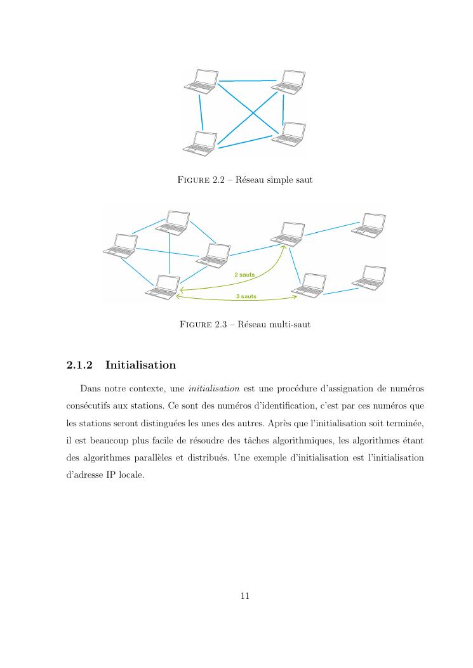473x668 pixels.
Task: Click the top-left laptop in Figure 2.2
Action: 200,82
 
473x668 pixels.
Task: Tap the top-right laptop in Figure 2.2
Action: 289,82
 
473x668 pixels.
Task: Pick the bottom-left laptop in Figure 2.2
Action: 200,143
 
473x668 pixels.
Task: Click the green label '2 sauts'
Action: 244,275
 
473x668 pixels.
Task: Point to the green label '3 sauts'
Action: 246,296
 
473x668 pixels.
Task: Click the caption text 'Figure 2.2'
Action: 200,180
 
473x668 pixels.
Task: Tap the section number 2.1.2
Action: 79,365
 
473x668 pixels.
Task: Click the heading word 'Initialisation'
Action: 140,365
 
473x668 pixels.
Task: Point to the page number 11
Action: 245,596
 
